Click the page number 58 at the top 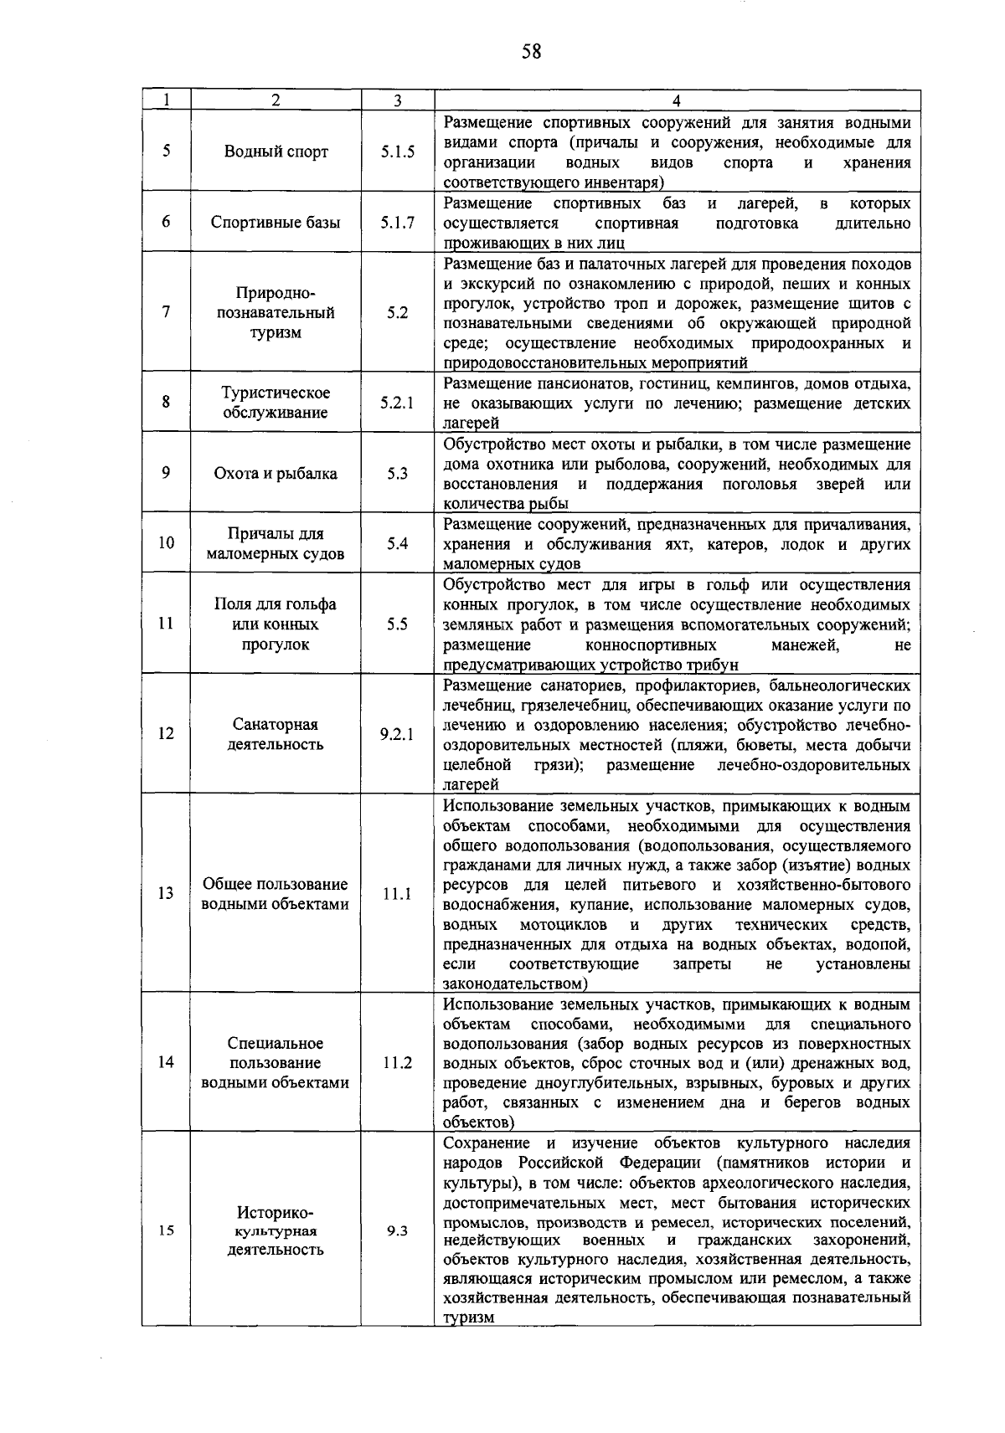click(531, 53)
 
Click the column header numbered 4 click(677, 100)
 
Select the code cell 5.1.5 click(397, 152)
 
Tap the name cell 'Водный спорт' click(276, 152)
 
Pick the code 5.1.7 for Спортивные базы click(397, 223)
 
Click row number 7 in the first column click(166, 312)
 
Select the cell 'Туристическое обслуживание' click(276, 403)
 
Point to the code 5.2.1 click(397, 403)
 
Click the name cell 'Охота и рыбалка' click(276, 473)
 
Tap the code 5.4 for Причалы click(397, 543)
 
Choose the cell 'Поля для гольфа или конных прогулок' click(276, 624)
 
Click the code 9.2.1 click(397, 734)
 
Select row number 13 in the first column click(166, 893)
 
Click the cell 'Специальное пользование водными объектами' click(276, 1063)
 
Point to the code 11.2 click(397, 1063)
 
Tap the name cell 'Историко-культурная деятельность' click(276, 1230)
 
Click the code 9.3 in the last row click(397, 1231)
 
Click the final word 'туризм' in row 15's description click(468, 1317)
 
